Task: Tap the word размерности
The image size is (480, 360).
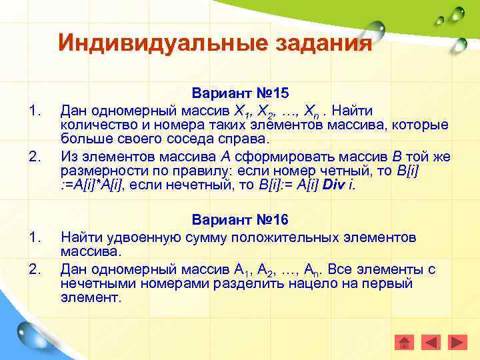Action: point(101,171)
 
